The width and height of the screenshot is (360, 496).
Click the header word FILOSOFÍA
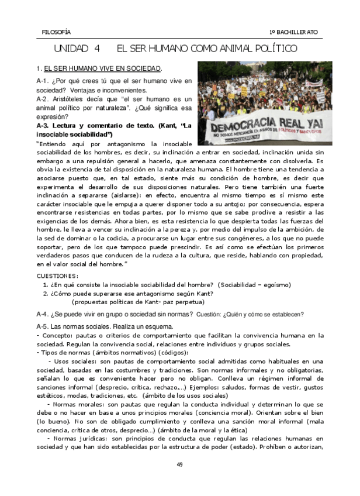56,32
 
